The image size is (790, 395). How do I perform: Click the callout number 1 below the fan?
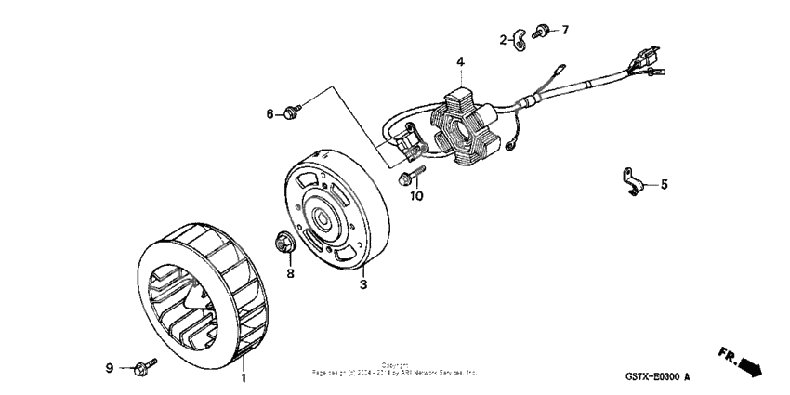[x=244, y=379]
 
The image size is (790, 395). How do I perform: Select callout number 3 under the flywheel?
[x=364, y=284]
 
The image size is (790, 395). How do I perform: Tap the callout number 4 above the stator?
[x=459, y=62]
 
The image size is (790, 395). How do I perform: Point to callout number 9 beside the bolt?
[x=109, y=369]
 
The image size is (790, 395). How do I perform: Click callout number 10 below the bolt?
[x=417, y=196]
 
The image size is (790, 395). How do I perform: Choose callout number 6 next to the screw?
[x=270, y=113]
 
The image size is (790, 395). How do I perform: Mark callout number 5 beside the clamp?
[x=664, y=184]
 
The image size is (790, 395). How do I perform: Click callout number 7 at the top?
[x=564, y=30]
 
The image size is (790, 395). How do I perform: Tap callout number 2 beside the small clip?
[x=503, y=39]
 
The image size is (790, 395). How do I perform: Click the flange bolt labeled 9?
[x=143, y=368]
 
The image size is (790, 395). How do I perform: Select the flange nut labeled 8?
[x=283, y=244]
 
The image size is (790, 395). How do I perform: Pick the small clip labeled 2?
[x=520, y=39]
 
